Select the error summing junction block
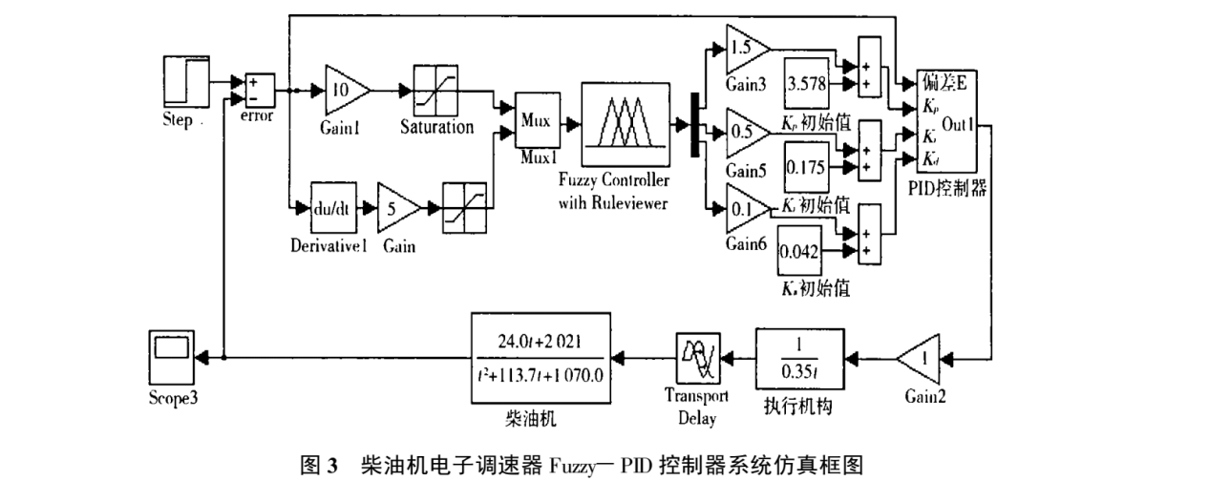coord(258,91)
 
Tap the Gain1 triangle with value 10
coord(346,90)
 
